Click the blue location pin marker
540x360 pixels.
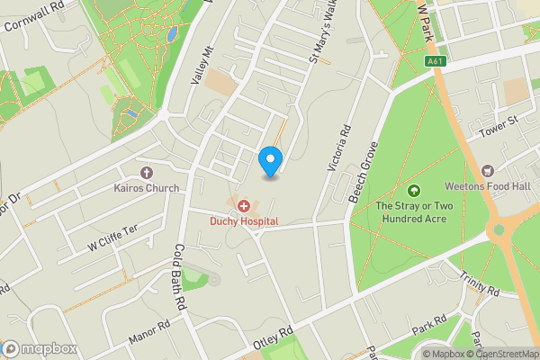pos(269,161)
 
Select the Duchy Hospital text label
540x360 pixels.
pos(244,220)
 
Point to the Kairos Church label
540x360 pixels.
pos(147,188)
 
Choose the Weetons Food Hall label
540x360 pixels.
pos(489,186)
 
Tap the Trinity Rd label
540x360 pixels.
pos(479,284)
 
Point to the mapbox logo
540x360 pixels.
pos(39,348)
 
